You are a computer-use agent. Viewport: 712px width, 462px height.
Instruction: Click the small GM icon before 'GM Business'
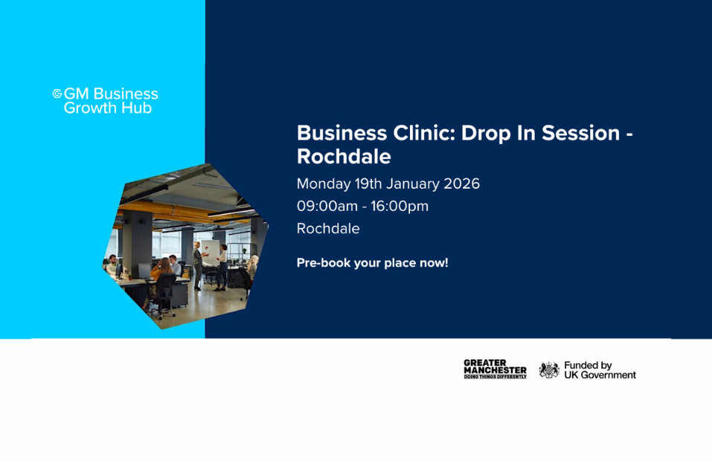click(x=57, y=94)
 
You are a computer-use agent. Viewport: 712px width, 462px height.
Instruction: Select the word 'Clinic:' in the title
click(x=421, y=134)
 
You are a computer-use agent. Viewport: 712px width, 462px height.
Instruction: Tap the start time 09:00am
click(x=325, y=206)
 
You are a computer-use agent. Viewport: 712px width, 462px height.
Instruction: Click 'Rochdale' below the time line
click(x=328, y=229)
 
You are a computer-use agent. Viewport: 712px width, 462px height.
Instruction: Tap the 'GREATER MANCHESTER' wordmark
click(x=495, y=366)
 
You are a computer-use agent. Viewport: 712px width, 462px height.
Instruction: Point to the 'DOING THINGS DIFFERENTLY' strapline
click(x=495, y=377)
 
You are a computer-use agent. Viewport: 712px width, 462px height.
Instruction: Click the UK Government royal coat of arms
click(x=549, y=370)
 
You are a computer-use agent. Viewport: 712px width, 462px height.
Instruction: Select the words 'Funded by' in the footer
click(x=588, y=365)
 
